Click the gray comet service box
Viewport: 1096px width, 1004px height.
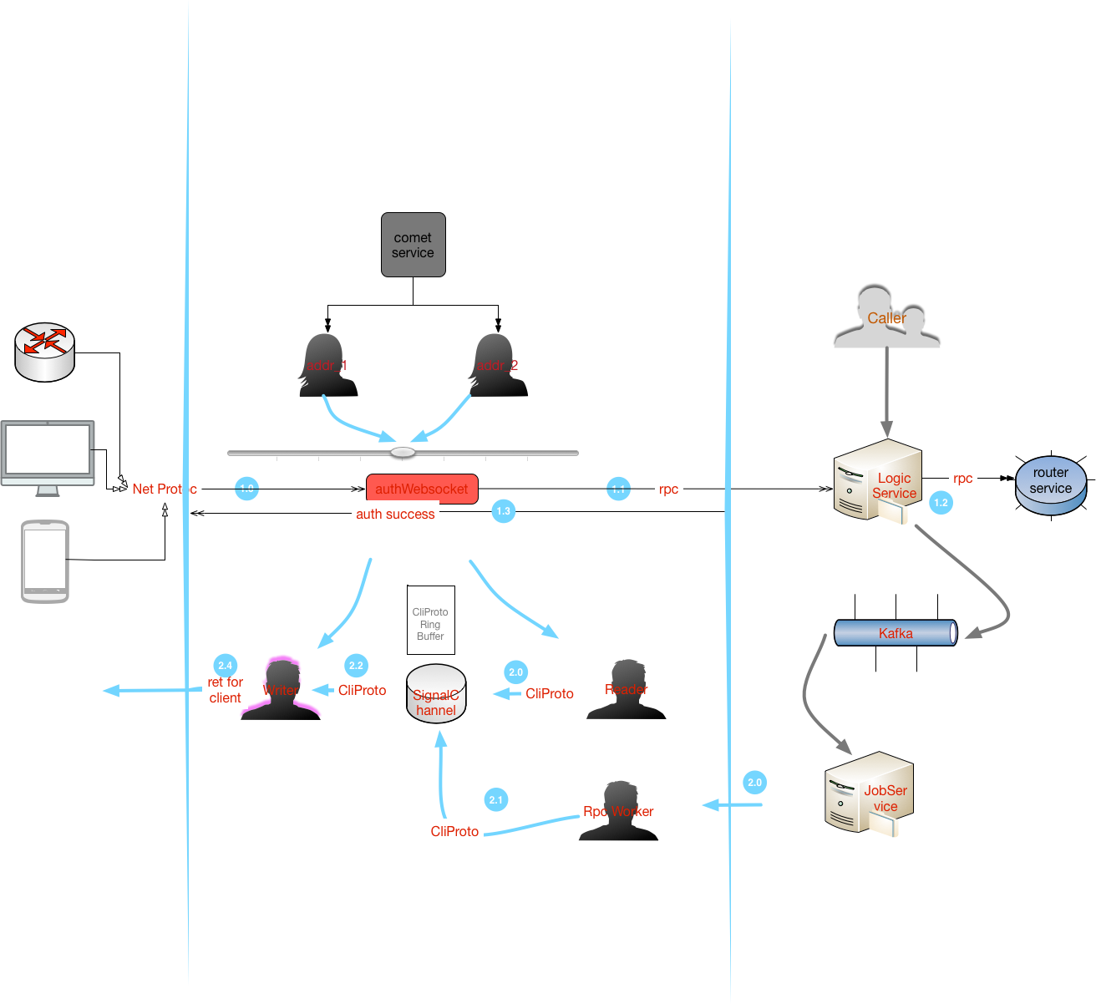[x=413, y=245]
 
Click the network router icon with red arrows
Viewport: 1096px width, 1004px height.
[x=45, y=352]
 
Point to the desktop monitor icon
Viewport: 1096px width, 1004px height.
[x=48, y=455]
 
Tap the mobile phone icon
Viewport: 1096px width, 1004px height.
[x=45, y=561]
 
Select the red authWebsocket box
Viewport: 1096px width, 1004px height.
[x=422, y=489]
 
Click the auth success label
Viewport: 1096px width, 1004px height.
[x=395, y=515]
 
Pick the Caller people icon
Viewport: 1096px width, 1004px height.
[x=886, y=317]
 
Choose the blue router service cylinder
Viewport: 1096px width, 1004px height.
[x=1051, y=484]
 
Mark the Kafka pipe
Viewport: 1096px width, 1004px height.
[x=896, y=633]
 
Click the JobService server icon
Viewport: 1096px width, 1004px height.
[x=869, y=793]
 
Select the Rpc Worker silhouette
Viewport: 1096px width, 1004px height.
[x=619, y=811]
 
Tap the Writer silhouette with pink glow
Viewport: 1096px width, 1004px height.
[x=281, y=690]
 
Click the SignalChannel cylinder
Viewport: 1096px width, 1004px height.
[x=436, y=695]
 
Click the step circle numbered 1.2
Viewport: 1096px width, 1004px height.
[x=941, y=503]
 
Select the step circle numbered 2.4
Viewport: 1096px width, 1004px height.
[x=226, y=666]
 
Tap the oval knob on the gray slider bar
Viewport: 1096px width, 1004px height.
[x=403, y=453]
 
